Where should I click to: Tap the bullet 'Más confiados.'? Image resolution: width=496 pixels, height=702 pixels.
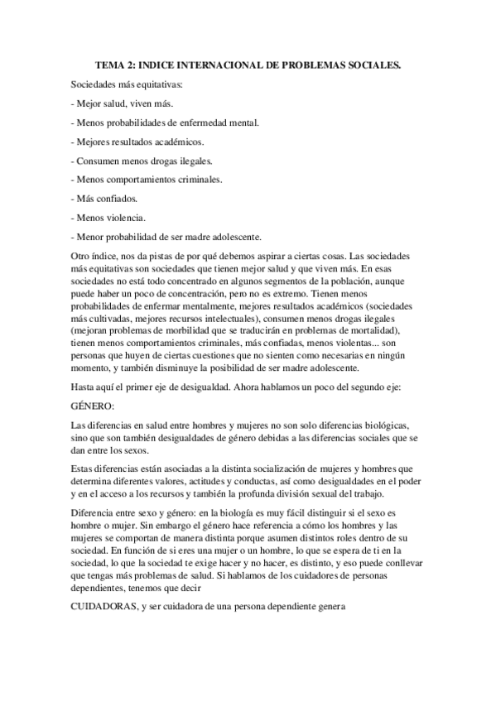tap(105, 200)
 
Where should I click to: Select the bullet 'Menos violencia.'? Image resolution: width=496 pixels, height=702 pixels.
tap(108, 219)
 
